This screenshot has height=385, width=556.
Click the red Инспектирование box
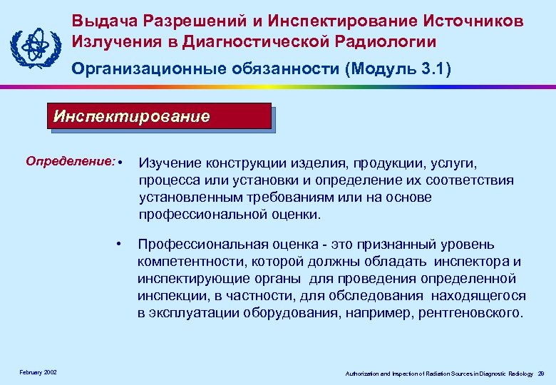160,116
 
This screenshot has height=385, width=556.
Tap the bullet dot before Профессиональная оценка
119,244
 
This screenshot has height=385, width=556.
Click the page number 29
541,374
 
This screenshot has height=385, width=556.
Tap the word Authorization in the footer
364,374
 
